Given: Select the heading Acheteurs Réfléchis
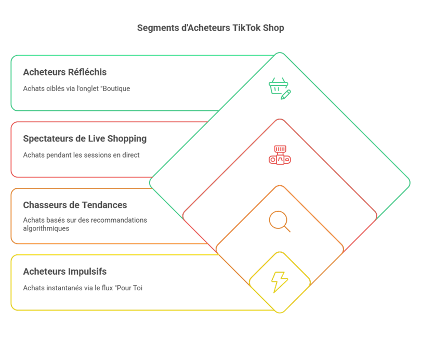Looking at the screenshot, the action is tap(65, 72).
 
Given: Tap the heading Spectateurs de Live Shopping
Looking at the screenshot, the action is tap(85, 138).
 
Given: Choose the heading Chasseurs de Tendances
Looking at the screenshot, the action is tap(75, 205).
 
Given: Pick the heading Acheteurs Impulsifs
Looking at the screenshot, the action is tap(65, 272).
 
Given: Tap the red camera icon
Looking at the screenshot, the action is tap(280, 155).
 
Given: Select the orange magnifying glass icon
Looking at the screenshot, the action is tap(280, 221).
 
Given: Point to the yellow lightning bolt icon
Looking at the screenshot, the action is tap(280, 282).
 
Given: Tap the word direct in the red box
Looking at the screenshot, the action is tap(131, 155).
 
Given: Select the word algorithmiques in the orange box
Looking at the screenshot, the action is tap(46, 228).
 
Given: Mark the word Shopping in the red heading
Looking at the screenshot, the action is tap(127, 139).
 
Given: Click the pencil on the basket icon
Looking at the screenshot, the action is tap(286, 95).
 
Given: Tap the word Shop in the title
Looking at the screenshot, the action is tap(273, 28).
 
